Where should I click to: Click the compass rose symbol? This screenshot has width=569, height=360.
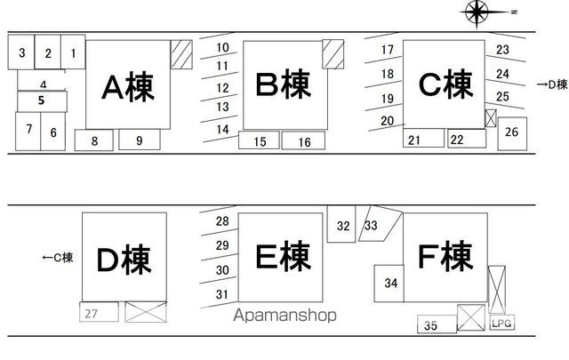(x=477, y=12)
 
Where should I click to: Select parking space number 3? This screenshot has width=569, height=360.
(x=21, y=52)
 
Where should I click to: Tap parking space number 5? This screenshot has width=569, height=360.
(x=42, y=101)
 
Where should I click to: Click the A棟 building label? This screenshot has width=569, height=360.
(x=128, y=87)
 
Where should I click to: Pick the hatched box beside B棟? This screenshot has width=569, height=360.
(x=333, y=54)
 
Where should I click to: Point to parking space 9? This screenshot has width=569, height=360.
(x=140, y=140)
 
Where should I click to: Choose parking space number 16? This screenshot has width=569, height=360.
(x=303, y=140)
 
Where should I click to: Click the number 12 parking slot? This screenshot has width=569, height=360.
(x=220, y=88)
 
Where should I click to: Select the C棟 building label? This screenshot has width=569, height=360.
(x=445, y=84)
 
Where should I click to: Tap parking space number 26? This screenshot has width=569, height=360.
(x=512, y=133)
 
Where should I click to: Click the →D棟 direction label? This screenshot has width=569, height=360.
(x=552, y=84)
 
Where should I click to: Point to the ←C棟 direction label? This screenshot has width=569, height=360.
(x=58, y=258)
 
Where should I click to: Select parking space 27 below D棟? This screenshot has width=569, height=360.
(x=99, y=312)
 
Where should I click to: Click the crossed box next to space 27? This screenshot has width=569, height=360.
(x=146, y=312)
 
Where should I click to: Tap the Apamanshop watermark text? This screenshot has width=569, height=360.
(x=284, y=315)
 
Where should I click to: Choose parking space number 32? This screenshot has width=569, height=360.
(x=341, y=224)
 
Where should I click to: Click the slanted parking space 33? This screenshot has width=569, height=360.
(x=380, y=223)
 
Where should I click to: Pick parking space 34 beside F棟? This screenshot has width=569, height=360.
(x=389, y=284)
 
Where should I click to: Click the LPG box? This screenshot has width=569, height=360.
(x=501, y=323)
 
